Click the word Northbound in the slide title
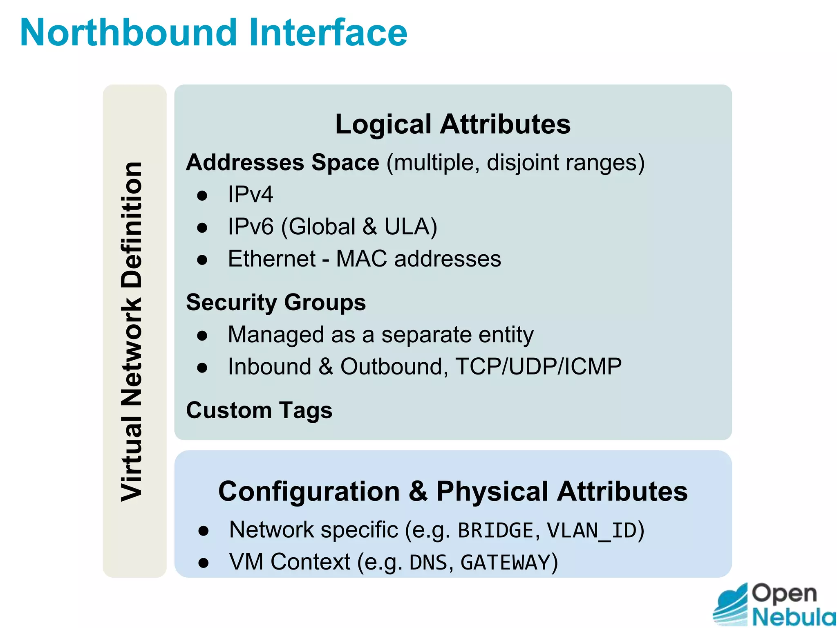(x=128, y=33)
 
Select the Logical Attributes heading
(x=452, y=124)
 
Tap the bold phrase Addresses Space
(x=282, y=162)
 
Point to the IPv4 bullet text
(x=250, y=194)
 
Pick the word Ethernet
(x=272, y=259)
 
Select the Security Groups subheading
(x=276, y=303)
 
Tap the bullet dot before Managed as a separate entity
(x=202, y=336)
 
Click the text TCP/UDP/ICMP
(x=538, y=366)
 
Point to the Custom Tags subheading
(x=259, y=410)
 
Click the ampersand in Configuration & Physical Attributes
(x=418, y=491)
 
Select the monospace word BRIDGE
(x=496, y=530)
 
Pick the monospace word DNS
(x=427, y=562)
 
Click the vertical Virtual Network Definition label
(x=132, y=331)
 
